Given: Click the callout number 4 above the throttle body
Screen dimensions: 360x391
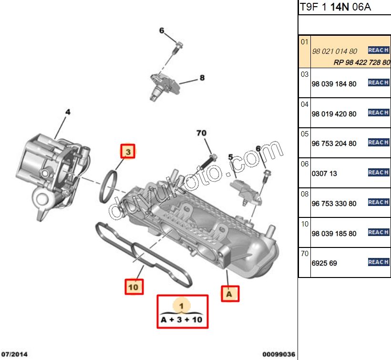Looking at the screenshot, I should tap(68, 112).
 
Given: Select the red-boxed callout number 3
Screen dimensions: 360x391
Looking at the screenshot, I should tap(127, 152).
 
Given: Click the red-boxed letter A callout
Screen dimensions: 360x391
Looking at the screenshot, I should tap(229, 294).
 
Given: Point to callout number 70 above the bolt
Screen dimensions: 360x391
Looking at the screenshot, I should tap(201, 133).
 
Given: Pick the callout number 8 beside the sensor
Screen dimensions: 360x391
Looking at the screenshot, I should tap(202, 78).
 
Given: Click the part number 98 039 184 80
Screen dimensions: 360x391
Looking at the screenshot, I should tap(334, 84).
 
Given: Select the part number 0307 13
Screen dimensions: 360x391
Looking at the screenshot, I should tap(324, 174).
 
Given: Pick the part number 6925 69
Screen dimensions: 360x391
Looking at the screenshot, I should tap(324, 263).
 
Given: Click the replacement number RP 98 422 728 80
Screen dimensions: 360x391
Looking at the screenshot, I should tap(361, 62).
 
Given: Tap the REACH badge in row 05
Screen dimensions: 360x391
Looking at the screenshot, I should tap(379, 143).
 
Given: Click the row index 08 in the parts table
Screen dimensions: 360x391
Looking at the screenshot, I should tap(305, 194).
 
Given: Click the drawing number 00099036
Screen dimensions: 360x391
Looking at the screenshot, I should tap(279, 354).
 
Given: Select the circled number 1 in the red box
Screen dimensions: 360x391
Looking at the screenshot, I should tap(182, 304).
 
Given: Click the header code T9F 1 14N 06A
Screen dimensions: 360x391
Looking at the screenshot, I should tap(335, 7).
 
